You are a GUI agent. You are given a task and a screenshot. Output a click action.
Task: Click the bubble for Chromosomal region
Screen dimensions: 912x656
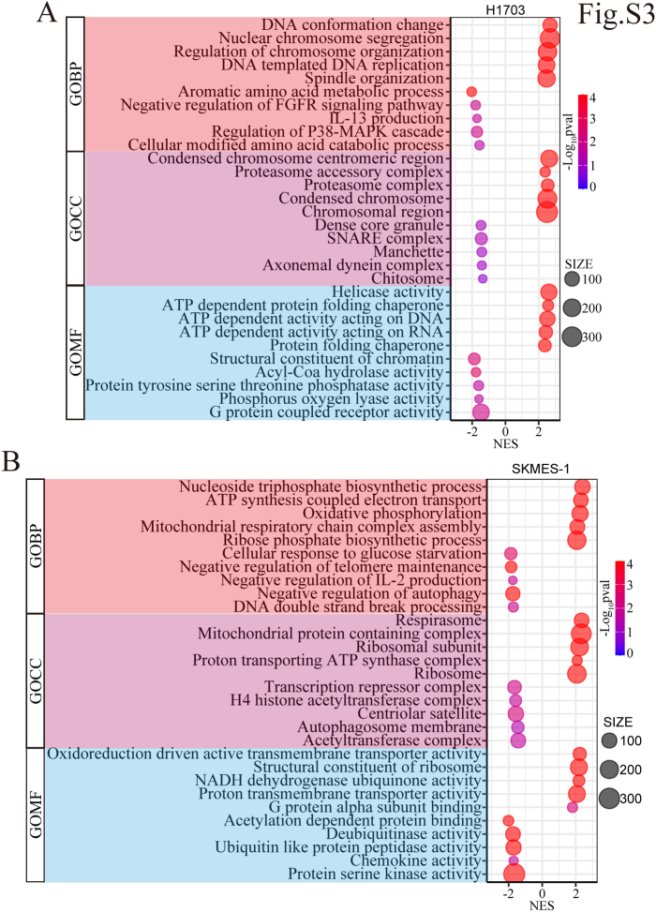coord(547,212)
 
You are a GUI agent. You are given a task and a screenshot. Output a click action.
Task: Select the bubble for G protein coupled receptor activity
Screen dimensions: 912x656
coord(481,412)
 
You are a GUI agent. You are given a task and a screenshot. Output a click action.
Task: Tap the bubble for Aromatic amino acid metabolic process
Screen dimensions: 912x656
coord(472,92)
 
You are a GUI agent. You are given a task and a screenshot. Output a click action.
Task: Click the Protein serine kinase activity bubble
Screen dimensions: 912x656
coord(514,875)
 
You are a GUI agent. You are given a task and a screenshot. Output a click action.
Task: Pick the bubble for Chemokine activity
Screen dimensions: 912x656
coord(514,860)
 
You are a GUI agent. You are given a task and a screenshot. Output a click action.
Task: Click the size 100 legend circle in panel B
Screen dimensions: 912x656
coord(610,740)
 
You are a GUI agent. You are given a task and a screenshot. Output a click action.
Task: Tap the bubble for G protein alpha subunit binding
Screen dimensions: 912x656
coord(573,807)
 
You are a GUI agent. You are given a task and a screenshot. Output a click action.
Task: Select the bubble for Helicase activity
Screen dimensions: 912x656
coord(549,292)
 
